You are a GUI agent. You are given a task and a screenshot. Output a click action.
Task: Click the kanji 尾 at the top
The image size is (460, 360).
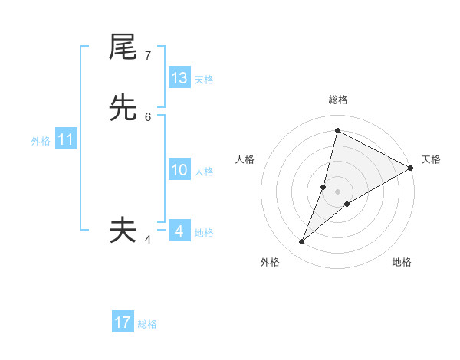[123, 47]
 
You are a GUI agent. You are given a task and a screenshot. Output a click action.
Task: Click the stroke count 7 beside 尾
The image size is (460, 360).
[148, 56]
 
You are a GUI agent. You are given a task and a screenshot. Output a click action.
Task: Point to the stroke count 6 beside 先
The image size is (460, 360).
[148, 117]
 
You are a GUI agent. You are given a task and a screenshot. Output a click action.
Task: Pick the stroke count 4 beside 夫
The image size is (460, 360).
[148, 239]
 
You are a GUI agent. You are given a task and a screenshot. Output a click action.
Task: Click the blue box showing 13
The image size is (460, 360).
[179, 78]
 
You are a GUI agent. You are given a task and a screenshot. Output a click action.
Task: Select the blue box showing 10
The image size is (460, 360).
[179, 170]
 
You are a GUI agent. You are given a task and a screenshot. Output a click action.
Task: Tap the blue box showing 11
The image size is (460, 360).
[66, 139]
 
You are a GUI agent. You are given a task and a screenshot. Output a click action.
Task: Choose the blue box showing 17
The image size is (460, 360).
[123, 322]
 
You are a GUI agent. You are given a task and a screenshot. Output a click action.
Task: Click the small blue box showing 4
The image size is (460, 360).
[179, 231]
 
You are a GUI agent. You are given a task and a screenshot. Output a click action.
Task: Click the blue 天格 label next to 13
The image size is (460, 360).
[204, 80]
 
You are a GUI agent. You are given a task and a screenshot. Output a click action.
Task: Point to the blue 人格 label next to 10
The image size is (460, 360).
[204, 172]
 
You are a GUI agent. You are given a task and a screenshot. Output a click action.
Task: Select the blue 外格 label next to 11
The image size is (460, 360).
[41, 141]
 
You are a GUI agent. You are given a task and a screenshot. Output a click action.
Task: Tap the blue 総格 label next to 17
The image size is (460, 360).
[147, 324]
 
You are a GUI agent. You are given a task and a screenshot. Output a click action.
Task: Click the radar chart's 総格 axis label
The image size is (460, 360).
[338, 100]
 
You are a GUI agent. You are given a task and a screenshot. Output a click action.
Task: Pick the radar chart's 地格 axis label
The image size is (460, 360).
[402, 262]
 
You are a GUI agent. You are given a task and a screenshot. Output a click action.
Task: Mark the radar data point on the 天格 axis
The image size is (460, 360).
[411, 169]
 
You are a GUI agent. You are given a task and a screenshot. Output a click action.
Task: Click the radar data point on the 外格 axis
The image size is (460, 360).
[302, 242]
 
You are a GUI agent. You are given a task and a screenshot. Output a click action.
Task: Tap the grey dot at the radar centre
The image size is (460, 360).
[338, 191]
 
